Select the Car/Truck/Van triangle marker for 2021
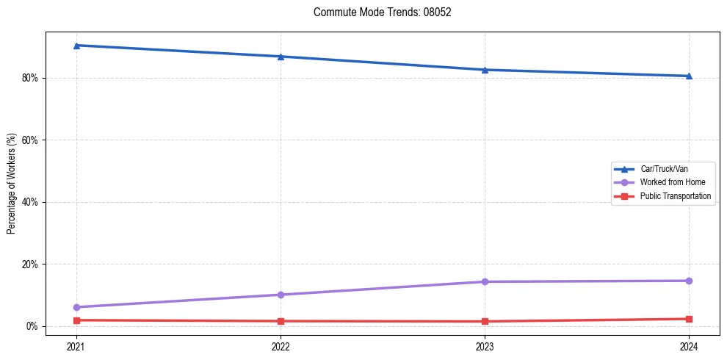(76, 46)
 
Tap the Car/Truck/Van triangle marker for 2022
(281, 57)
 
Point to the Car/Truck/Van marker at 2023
(485, 70)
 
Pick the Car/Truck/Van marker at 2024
(689, 76)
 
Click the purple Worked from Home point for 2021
(76, 307)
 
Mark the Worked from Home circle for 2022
(281, 295)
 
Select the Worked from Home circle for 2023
(485, 281)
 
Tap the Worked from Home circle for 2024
(689, 281)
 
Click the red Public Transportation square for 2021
(76, 320)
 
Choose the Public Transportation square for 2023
(485, 321)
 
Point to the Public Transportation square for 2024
(689, 319)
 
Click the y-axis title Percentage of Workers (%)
(11, 184)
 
